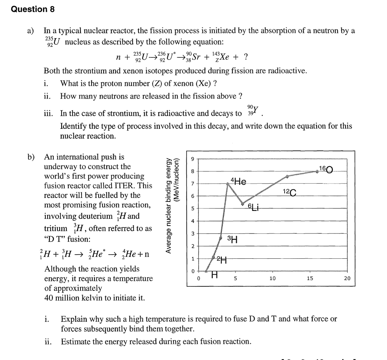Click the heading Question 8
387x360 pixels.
click(x=33, y=9)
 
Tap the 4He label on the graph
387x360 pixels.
click(x=238, y=182)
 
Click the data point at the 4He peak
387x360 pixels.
click(x=228, y=184)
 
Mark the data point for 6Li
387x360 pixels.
click(x=243, y=204)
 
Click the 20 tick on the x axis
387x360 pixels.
click(x=347, y=278)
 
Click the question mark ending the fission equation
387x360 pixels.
click(x=246, y=57)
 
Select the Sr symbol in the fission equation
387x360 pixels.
click(x=196, y=57)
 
